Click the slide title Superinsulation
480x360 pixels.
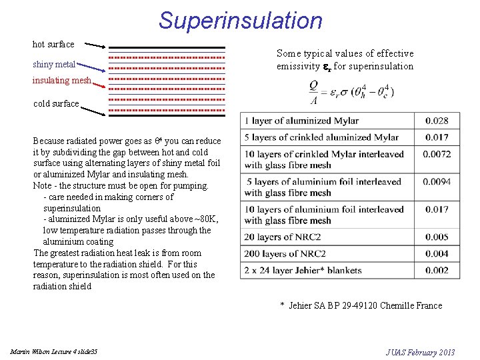point(240,20)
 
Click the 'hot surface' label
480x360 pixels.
point(53,44)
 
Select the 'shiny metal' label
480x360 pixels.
point(54,65)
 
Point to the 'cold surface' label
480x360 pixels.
point(56,103)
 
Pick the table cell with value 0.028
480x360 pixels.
point(436,121)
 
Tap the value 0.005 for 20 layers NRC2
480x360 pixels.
point(436,237)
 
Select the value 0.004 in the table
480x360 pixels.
point(436,253)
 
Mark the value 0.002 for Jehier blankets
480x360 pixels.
point(436,270)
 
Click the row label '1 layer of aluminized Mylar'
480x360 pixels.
point(301,121)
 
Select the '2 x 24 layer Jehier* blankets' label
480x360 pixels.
point(303,270)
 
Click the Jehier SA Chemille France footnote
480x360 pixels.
point(361,305)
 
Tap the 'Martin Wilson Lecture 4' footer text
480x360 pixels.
point(53,351)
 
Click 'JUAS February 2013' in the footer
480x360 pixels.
point(421,351)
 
